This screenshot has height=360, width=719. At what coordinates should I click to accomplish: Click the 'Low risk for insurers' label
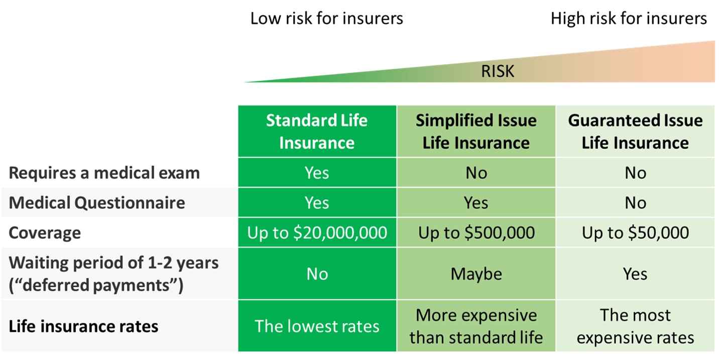pyautogui.click(x=326, y=18)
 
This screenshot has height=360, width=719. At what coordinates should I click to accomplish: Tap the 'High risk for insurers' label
pyautogui.click(x=629, y=18)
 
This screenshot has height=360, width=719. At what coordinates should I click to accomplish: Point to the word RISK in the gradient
pyautogui.click(x=498, y=71)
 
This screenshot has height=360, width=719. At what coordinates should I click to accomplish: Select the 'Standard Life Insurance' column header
pyautogui.click(x=317, y=132)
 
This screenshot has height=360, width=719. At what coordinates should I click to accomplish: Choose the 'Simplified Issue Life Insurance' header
pyautogui.click(x=476, y=132)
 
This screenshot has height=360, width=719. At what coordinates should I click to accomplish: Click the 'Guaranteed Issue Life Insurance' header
pyautogui.click(x=635, y=132)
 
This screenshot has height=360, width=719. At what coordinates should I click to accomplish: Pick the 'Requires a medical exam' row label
pyautogui.click(x=104, y=173)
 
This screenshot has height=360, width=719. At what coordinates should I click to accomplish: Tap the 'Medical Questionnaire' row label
pyautogui.click(x=97, y=203)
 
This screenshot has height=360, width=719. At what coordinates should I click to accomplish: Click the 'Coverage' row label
pyautogui.click(x=45, y=232)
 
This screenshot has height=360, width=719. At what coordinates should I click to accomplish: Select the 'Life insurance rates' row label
pyautogui.click(x=83, y=326)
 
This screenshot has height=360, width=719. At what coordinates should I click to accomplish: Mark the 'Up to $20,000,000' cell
pyautogui.click(x=317, y=232)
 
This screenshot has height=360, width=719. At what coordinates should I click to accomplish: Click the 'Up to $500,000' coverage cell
pyautogui.click(x=476, y=232)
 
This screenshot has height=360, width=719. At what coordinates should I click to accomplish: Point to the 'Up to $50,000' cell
pyautogui.click(x=635, y=232)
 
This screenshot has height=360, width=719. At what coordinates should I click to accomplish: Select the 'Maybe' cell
pyautogui.click(x=476, y=274)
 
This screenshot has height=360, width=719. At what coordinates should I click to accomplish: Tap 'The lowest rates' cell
pyautogui.click(x=317, y=326)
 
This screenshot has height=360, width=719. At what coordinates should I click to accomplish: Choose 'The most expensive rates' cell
pyautogui.click(x=635, y=326)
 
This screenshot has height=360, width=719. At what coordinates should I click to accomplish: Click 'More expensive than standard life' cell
pyautogui.click(x=476, y=326)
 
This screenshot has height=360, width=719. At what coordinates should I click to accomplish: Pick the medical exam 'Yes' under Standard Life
pyautogui.click(x=317, y=173)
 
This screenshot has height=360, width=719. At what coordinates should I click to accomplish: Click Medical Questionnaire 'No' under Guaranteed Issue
pyautogui.click(x=635, y=203)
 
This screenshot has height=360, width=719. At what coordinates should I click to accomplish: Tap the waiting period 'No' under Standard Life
pyautogui.click(x=317, y=274)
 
